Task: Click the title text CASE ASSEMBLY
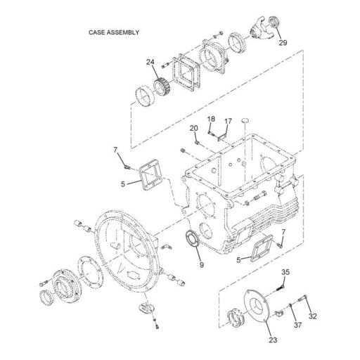113,32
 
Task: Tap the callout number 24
150,63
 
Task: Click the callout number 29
283,43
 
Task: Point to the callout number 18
211,120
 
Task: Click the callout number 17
227,122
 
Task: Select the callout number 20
193,128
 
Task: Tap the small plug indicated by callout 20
198,143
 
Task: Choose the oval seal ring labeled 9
191,238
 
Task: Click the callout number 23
272,342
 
